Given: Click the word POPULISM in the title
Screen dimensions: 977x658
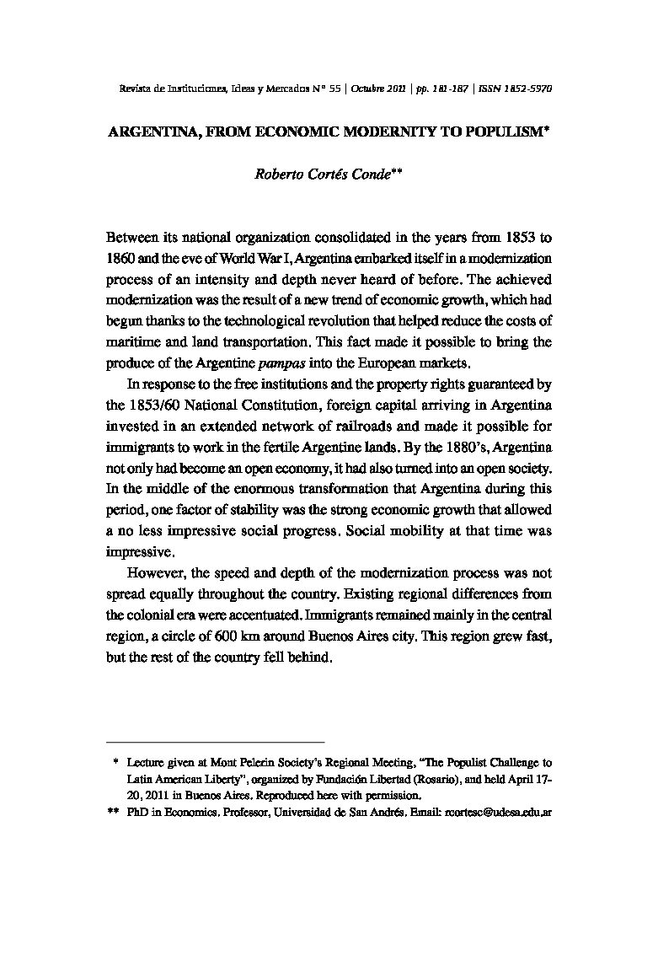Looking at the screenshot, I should (x=500, y=132).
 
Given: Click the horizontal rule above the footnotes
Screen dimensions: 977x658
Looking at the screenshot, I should (x=215, y=741).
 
